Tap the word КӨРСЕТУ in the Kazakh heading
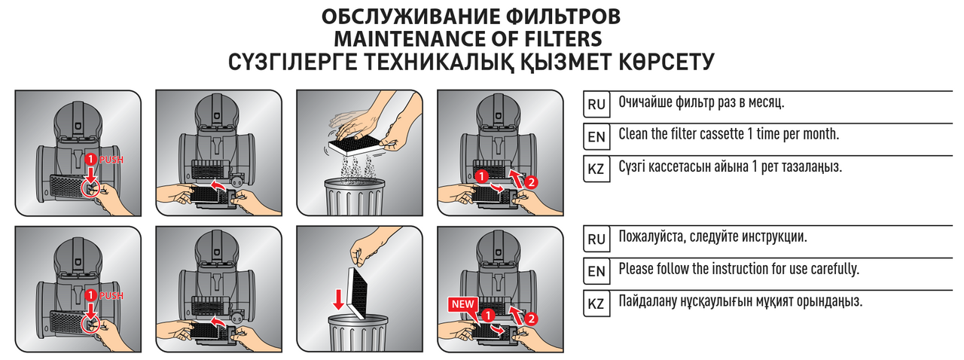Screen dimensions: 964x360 pos(667,62)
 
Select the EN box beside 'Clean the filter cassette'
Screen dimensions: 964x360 pos(596,136)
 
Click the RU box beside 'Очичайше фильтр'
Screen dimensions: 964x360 pos(596,104)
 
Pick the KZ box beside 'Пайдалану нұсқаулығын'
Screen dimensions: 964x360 pos(596,304)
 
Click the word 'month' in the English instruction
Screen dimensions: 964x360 pos(820,134)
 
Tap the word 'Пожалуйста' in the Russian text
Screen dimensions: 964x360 pos(651,236)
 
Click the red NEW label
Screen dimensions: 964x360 pos(462,304)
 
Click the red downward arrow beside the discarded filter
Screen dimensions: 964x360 pos(339,300)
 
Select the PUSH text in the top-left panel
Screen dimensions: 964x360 pos(111,160)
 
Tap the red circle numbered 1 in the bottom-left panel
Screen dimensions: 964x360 pos(90,295)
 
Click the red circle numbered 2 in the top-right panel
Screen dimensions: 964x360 pos(532,182)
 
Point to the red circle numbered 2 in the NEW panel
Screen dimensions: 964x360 pos(532,319)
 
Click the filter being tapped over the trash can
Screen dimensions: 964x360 pos(357,146)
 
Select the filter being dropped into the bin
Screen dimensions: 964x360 pos(357,293)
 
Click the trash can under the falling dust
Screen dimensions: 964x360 pos(355,197)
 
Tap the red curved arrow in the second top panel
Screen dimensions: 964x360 pos(218,186)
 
